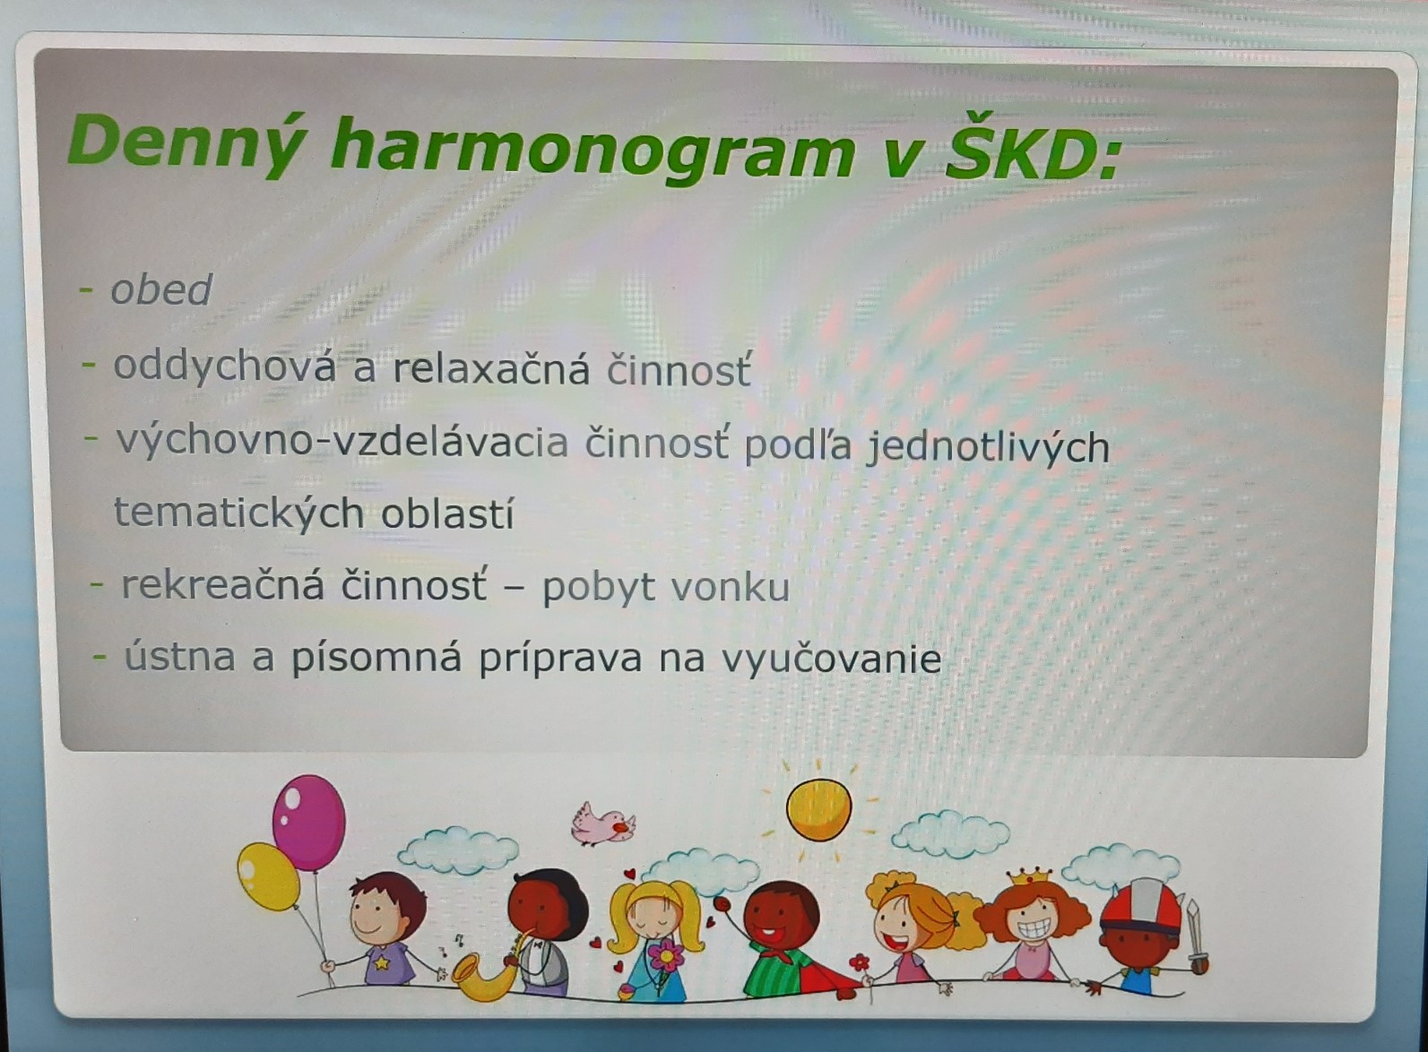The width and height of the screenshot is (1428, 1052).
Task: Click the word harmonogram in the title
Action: pos(593,149)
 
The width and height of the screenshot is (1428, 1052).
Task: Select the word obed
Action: pos(160,289)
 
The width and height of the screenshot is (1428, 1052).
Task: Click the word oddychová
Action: pos(224,367)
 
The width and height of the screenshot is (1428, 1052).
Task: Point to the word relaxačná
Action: pos(491,369)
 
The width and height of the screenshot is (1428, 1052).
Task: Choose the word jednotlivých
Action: pos(988,447)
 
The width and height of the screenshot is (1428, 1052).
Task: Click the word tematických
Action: pos(239,513)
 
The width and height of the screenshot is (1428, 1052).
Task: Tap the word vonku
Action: pos(731,587)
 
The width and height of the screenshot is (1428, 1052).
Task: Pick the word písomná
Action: pos(376,660)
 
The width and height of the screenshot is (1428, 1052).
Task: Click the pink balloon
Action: pos(308,823)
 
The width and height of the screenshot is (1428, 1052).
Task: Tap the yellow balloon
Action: pos(268,876)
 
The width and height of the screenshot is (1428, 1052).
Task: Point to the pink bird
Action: pos(602,824)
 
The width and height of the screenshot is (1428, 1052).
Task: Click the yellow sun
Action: pos(818,809)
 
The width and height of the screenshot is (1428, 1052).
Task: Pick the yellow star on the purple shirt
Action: pos(381,962)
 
